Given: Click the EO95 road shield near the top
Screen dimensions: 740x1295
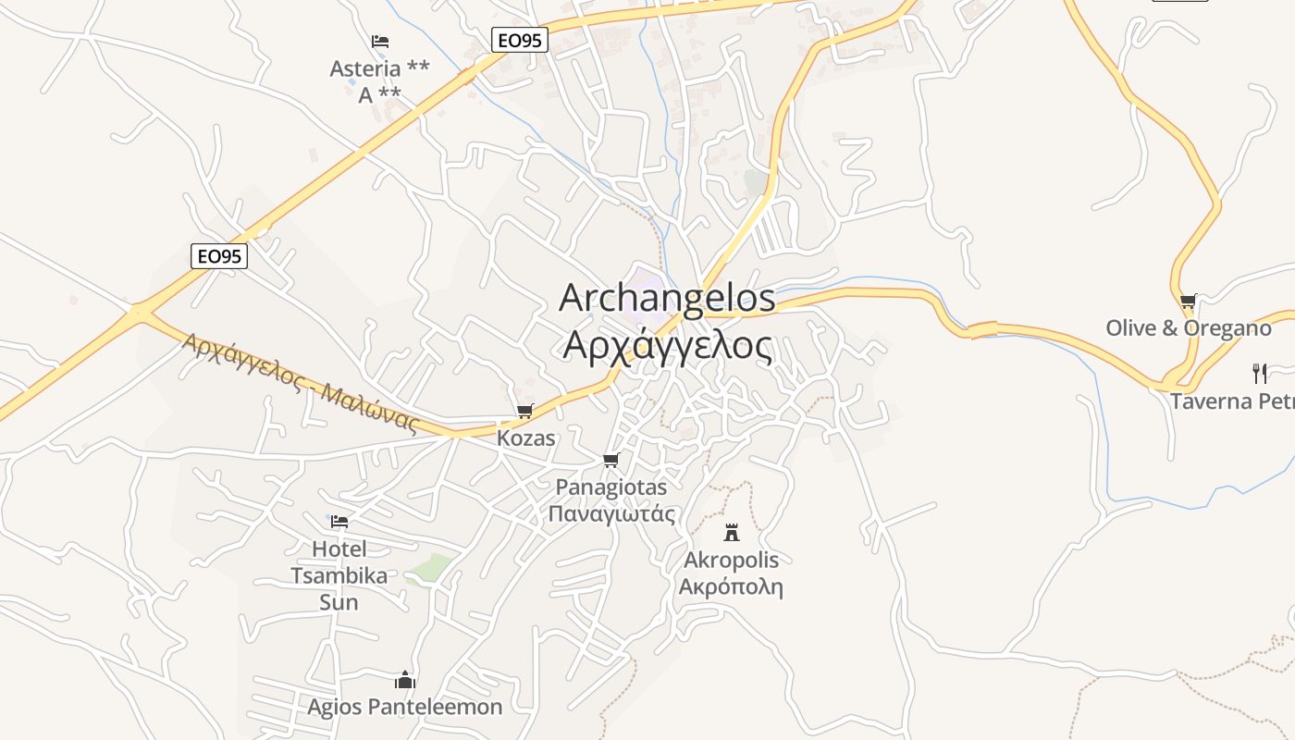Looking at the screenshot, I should pos(520,40).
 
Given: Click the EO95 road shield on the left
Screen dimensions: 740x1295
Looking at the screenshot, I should pos(219,256).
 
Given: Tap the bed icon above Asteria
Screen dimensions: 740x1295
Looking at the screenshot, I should pos(379,42).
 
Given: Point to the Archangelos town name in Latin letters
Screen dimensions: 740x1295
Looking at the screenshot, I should pos(667,298).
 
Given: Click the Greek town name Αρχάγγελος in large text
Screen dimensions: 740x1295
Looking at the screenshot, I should pos(667,346).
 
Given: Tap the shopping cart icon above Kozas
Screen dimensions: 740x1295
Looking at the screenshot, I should pos(525,411).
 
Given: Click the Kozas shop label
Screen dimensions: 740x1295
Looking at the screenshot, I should pos(526,438).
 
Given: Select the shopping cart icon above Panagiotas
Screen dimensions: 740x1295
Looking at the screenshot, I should pos(610,460).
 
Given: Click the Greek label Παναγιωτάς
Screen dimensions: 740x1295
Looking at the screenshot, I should pos(611,514).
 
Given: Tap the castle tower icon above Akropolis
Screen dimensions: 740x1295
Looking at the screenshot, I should pos(732,532).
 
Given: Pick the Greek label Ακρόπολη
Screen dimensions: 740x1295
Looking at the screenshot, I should pos(731,586).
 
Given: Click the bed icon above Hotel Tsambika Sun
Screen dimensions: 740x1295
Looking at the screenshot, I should pos(339,522).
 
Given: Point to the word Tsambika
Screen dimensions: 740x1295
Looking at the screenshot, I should pos(339,575).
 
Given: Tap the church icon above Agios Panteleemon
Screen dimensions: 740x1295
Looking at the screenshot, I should pos(404,680).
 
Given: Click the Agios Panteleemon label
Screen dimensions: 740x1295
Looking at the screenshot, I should pos(405,708).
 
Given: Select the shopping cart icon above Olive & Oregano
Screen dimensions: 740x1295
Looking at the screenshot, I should pos(1188,301).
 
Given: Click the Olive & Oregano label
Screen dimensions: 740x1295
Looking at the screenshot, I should pos(1189,328).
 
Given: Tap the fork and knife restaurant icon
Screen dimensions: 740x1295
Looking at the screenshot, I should pos(1259,373).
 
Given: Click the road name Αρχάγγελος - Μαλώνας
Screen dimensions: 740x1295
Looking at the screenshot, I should pos(301,382).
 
